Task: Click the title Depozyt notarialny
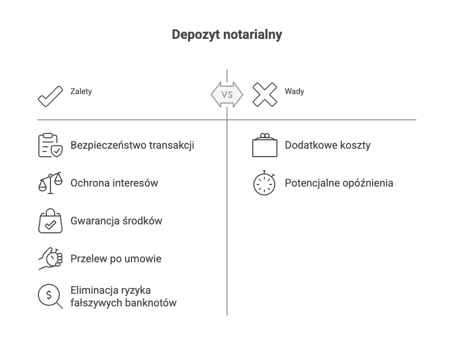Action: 227,35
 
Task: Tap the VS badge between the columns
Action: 227,95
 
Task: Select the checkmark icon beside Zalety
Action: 50,95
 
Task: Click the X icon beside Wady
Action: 265,95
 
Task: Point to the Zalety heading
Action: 81,91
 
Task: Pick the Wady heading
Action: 294,91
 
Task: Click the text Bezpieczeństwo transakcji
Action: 132,145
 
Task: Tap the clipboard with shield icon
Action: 50,145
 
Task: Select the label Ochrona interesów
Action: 114,183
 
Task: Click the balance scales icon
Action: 50,183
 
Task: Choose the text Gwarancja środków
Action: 116,221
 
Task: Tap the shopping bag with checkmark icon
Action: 50,221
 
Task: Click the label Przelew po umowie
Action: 116,259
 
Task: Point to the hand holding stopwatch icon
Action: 50,259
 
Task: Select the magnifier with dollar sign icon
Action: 50,296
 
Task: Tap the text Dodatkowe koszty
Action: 327,145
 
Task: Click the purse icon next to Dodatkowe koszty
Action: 265,146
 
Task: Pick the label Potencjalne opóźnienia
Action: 339,183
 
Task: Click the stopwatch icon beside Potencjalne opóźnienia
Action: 265,183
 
